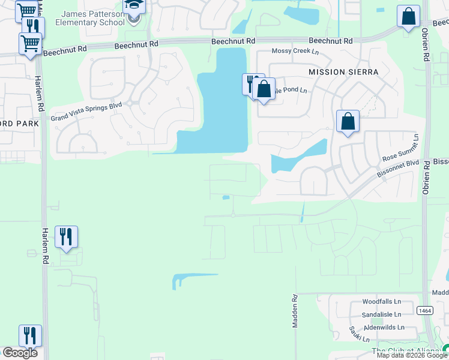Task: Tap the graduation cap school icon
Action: coord(134,7)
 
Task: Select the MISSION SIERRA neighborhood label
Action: coord(343,72)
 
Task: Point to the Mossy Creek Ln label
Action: coord(295,52)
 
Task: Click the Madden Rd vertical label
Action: coord(295,310)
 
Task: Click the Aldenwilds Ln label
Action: coord(384,328)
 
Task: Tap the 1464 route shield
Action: coord(425,310)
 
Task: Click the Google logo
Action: coord(20,353)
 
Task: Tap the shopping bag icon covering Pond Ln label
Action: coord(264,89)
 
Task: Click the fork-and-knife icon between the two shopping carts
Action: coord(33,28)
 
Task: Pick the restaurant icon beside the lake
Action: coord(252,83)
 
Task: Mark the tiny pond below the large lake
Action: coord(226,197)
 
